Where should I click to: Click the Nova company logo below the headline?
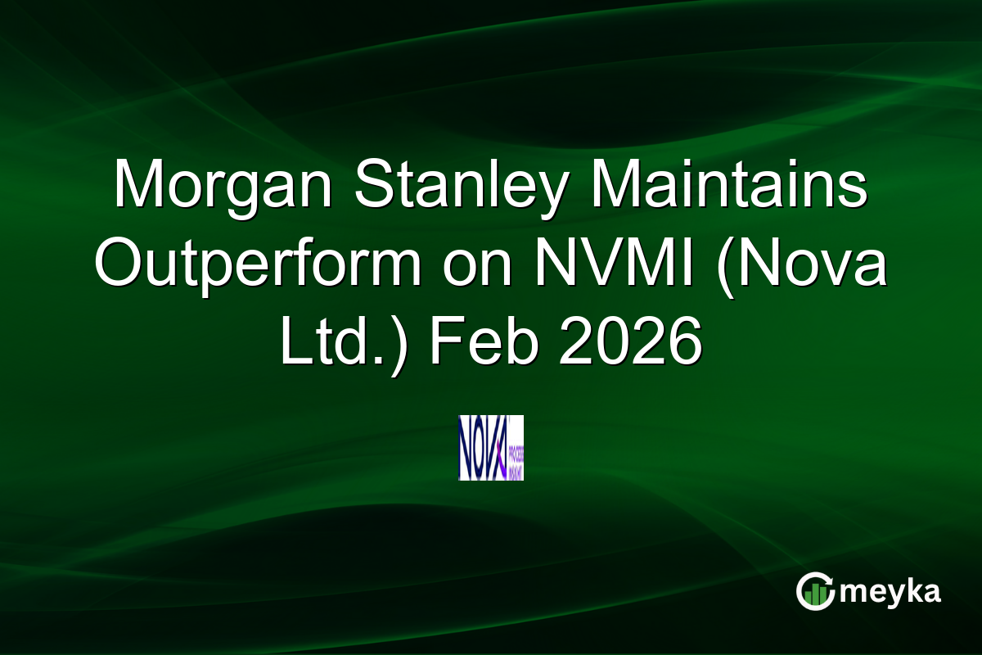pyautogui.click(x=491, y=447)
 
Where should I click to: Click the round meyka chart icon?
pyautogui.click(x=815, y=592)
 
